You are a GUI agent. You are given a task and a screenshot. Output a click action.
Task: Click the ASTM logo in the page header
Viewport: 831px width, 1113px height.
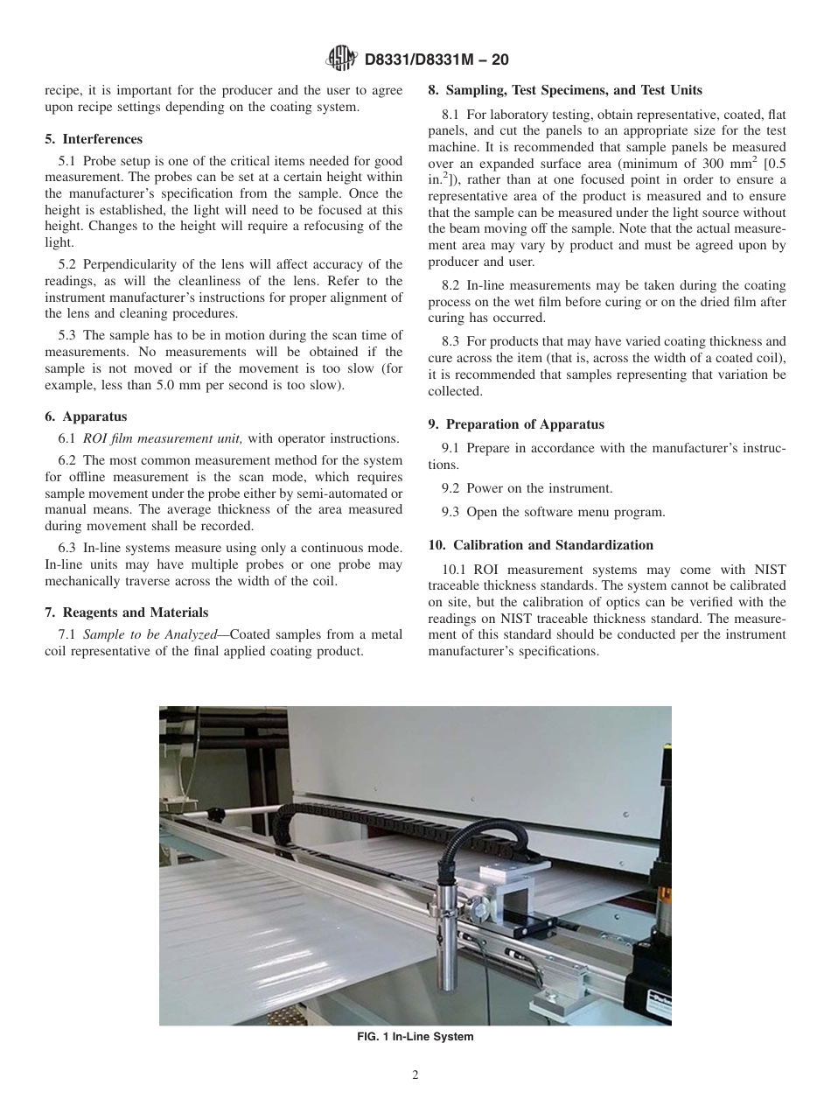click(x=340, y=59)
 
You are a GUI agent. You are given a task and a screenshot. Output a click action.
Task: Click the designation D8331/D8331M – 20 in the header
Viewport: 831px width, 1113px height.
click(x=435, y=59)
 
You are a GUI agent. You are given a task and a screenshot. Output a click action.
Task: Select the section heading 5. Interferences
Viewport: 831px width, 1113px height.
click(x=94, y=139)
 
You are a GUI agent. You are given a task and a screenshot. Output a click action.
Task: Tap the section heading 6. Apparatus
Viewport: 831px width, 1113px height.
click(x=86, y=416)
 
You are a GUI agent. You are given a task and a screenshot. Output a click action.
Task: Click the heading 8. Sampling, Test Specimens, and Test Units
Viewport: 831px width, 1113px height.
click(x=565, y=90)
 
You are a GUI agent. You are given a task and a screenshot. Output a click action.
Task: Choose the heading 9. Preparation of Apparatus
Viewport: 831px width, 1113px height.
click(x=516, y=424)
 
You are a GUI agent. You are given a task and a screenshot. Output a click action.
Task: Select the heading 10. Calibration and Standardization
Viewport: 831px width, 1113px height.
click(x=541, y=545)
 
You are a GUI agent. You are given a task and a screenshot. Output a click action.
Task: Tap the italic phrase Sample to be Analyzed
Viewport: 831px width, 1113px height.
click(x=150, y=634)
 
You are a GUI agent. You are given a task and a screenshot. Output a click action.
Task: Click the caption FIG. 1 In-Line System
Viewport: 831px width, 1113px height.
click(x=415, y=1037)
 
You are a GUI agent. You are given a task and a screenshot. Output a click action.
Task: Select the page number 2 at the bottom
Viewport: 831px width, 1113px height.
click(x=415, y=1075)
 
